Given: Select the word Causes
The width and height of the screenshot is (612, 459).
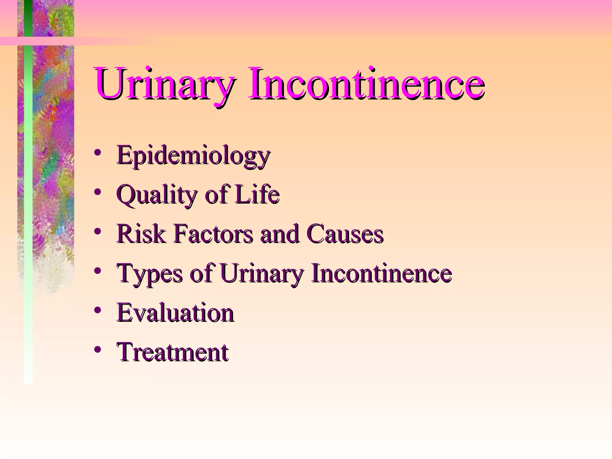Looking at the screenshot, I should (345, 234).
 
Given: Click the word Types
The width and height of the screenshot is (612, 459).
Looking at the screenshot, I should (149, 273).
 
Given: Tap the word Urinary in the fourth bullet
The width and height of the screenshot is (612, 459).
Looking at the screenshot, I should (262, 273).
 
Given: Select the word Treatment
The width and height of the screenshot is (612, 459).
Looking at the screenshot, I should (173, 352).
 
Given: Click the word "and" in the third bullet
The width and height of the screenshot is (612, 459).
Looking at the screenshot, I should (279, 234).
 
